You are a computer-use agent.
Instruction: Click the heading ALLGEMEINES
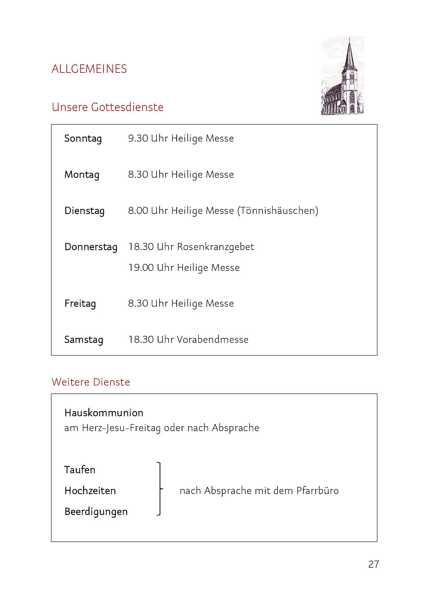point(89,69)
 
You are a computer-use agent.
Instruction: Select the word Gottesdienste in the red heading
point(127,107)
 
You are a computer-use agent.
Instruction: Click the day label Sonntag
point(83,139)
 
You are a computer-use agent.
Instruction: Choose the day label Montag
point(82,175)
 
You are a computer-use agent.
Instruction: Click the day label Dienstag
point(84,211)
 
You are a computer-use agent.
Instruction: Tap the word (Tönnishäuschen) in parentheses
point(278,211)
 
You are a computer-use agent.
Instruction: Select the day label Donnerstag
point(91,247)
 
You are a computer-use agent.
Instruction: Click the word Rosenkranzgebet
point(215,247)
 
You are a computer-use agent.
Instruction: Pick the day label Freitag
point(80,304)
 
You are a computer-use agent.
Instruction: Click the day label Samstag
point(84,340)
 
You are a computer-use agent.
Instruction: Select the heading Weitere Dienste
point(91,382)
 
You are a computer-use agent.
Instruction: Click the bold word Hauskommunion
point(104,413)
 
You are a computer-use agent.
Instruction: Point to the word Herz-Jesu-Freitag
point(121,428)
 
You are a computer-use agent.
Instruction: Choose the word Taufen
point(80,470)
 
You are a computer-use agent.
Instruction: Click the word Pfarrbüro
point(317,491)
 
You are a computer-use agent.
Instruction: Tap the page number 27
point(374,564)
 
